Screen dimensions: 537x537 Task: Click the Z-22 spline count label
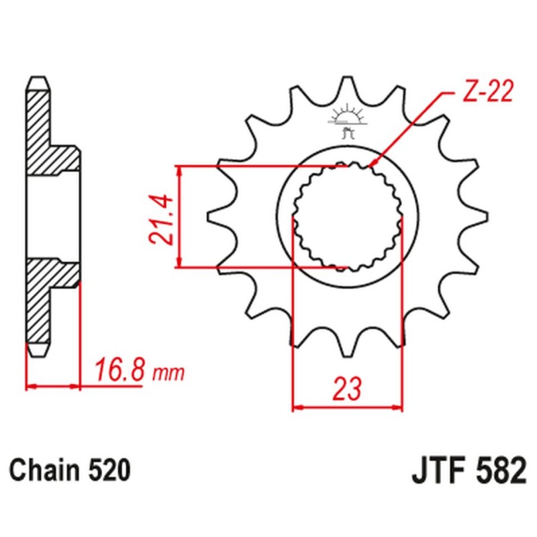coord(487,92)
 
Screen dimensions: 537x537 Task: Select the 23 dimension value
coord(346,389)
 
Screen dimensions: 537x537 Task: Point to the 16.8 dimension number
coord(119,370)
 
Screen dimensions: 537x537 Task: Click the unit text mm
coord(167,373)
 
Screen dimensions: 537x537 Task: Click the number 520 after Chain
coord(107,470)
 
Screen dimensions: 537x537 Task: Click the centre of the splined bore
coord(347,216)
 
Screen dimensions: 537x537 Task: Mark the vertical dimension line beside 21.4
coord(179,216)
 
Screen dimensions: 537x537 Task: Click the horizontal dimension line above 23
coord(347,407)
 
